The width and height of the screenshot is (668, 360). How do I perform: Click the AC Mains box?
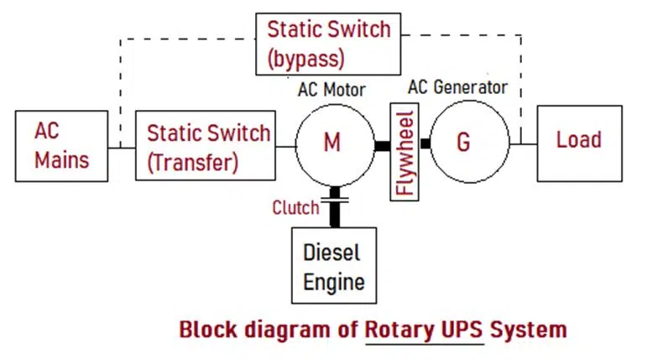(x=61, y=145)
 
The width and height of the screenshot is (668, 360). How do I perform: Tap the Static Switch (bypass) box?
(x=327, y=44)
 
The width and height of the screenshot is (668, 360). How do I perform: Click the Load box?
(x=579, y=143)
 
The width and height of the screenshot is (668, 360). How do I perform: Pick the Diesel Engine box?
(x=333, y=265)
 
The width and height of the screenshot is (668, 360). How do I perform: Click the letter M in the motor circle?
(x=332, y=143)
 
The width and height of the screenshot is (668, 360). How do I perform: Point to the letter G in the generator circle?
(x=463, y=143)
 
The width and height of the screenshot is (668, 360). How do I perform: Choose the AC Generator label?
(x=457, y=87)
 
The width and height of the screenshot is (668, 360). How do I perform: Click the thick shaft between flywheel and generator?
(x=425, y=144)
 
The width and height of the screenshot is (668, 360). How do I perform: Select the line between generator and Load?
(x=524, y=144)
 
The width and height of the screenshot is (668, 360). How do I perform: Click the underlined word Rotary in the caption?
(x=399, y=328)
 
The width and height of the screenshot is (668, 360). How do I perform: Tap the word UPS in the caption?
(x=462, y=328)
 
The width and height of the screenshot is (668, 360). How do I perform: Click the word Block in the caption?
(x=206, y=328)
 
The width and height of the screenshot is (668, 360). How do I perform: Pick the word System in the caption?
(x=529, y=328)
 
